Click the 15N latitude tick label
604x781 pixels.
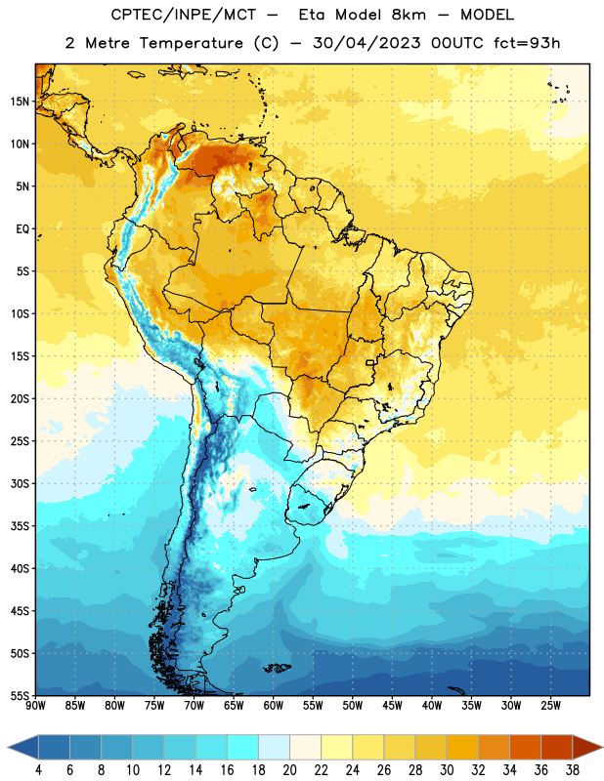coord(20,102)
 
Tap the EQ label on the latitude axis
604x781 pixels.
coord(22,229)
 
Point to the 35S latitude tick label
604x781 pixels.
coord(20,526)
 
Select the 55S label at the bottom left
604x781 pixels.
coord(20,695)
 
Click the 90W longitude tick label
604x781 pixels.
coord(36,705)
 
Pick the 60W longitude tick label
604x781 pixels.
coord(274,705)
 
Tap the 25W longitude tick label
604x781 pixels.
coord(550,705)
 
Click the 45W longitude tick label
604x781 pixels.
coord(393,705)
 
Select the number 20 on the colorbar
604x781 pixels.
coord(289,770)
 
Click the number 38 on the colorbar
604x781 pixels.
coord(573,770)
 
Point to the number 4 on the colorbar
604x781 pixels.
coord(38,770)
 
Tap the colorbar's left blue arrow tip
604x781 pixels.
coord(8,747)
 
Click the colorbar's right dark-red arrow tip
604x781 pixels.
coord(602,747)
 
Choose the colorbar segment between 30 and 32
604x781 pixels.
coord(462,747)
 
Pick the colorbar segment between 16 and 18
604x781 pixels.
coord(242,747)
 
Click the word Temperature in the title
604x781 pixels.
coord(191,43)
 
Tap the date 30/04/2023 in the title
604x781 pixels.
coord(367,43)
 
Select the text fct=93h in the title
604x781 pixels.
coord(527,43)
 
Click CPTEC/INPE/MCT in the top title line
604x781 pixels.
coord(183,15)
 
